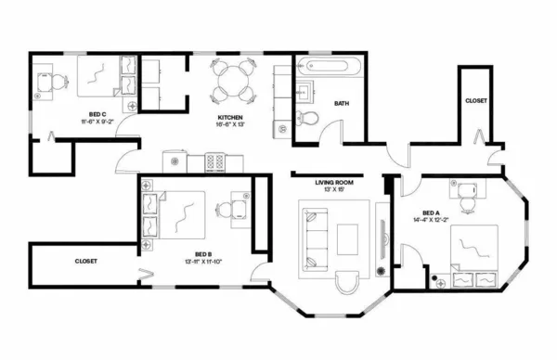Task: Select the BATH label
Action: tap(342, 103)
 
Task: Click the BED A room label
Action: tap(433, 211)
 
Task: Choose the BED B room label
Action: tap(205, 253)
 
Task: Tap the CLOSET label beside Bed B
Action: tap(86, 262)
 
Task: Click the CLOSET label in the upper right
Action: tap(477, 99)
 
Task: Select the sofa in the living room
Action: tap(313, 237)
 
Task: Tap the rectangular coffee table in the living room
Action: tap(350, 238)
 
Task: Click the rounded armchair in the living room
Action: tap(349, 284)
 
